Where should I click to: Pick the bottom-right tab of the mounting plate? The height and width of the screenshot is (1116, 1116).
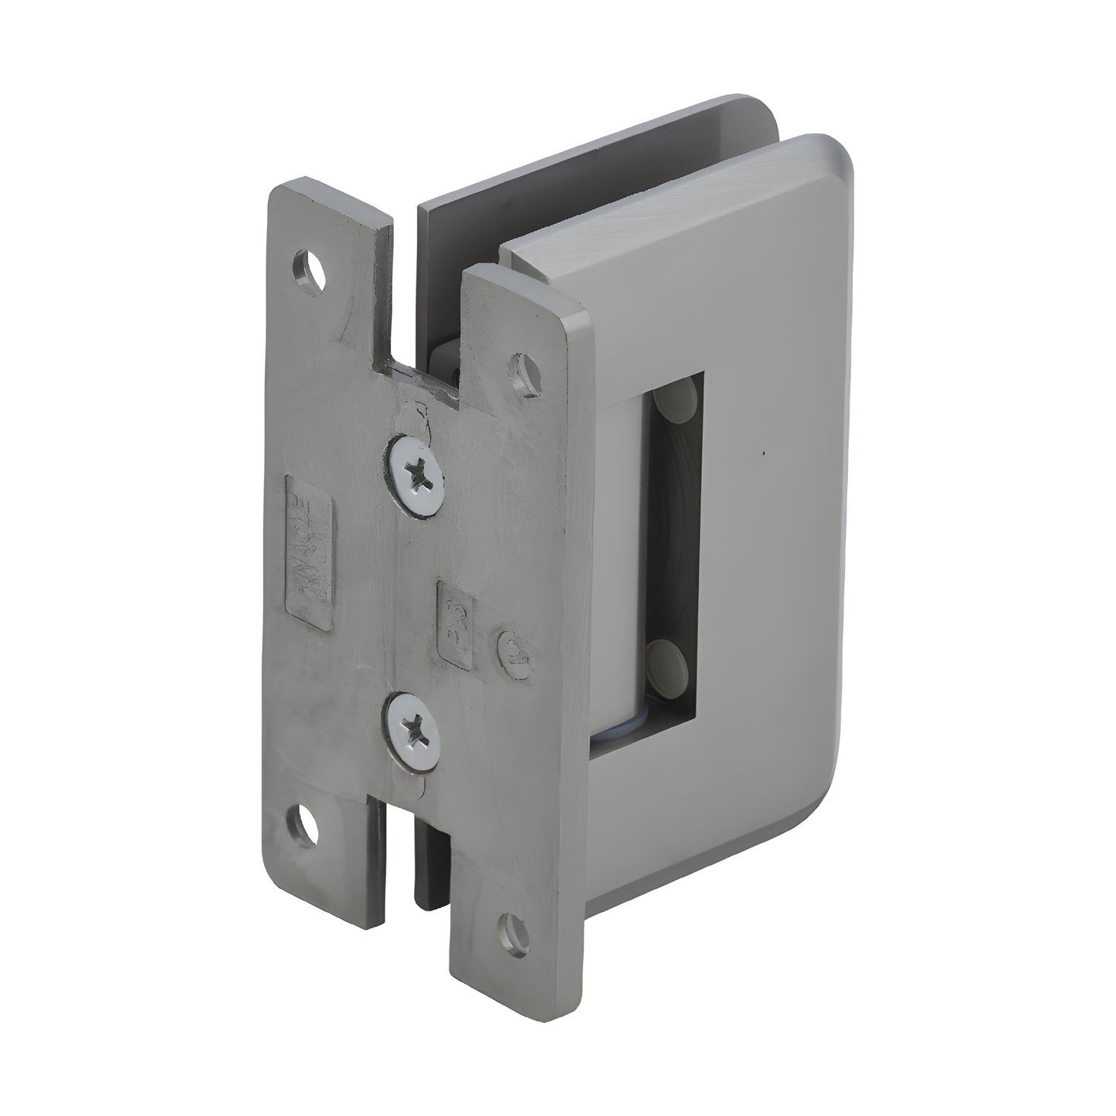tap(502, 927)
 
